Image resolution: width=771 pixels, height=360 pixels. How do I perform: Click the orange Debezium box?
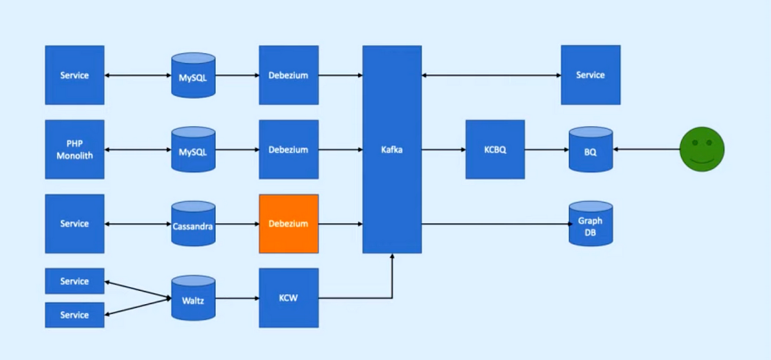(288, 224)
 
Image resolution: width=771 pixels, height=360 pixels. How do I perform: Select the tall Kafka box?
(392, 149)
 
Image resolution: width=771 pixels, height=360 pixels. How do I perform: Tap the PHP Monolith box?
(75, 149)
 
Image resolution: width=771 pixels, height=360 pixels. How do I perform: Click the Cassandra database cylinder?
(193, 225)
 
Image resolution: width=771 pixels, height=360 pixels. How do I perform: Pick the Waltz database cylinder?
(193, 299)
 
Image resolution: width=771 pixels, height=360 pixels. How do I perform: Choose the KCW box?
(288, 298)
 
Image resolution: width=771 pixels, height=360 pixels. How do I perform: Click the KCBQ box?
(495, 149)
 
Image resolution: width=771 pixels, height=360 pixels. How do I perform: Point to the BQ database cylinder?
(590, 149)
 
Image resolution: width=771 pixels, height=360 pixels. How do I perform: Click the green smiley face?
(702, 149)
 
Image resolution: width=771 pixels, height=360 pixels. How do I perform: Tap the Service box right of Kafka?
(590, 75)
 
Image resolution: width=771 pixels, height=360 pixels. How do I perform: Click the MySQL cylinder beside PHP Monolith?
(193, 149)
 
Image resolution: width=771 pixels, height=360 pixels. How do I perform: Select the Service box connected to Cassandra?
(75, 224)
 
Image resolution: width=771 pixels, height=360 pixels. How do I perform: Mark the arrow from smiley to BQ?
(646, 149)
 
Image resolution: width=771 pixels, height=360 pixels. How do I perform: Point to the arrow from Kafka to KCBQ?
(443, 149)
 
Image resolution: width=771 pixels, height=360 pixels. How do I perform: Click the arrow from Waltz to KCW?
(237, 298)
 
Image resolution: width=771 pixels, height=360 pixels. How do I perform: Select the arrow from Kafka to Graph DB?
(495, 224)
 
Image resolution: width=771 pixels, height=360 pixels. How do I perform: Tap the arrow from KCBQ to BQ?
(546, 149)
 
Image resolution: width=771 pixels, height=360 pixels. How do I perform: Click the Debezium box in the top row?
(288, 75)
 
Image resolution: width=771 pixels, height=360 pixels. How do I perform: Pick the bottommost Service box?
(75, 315)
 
